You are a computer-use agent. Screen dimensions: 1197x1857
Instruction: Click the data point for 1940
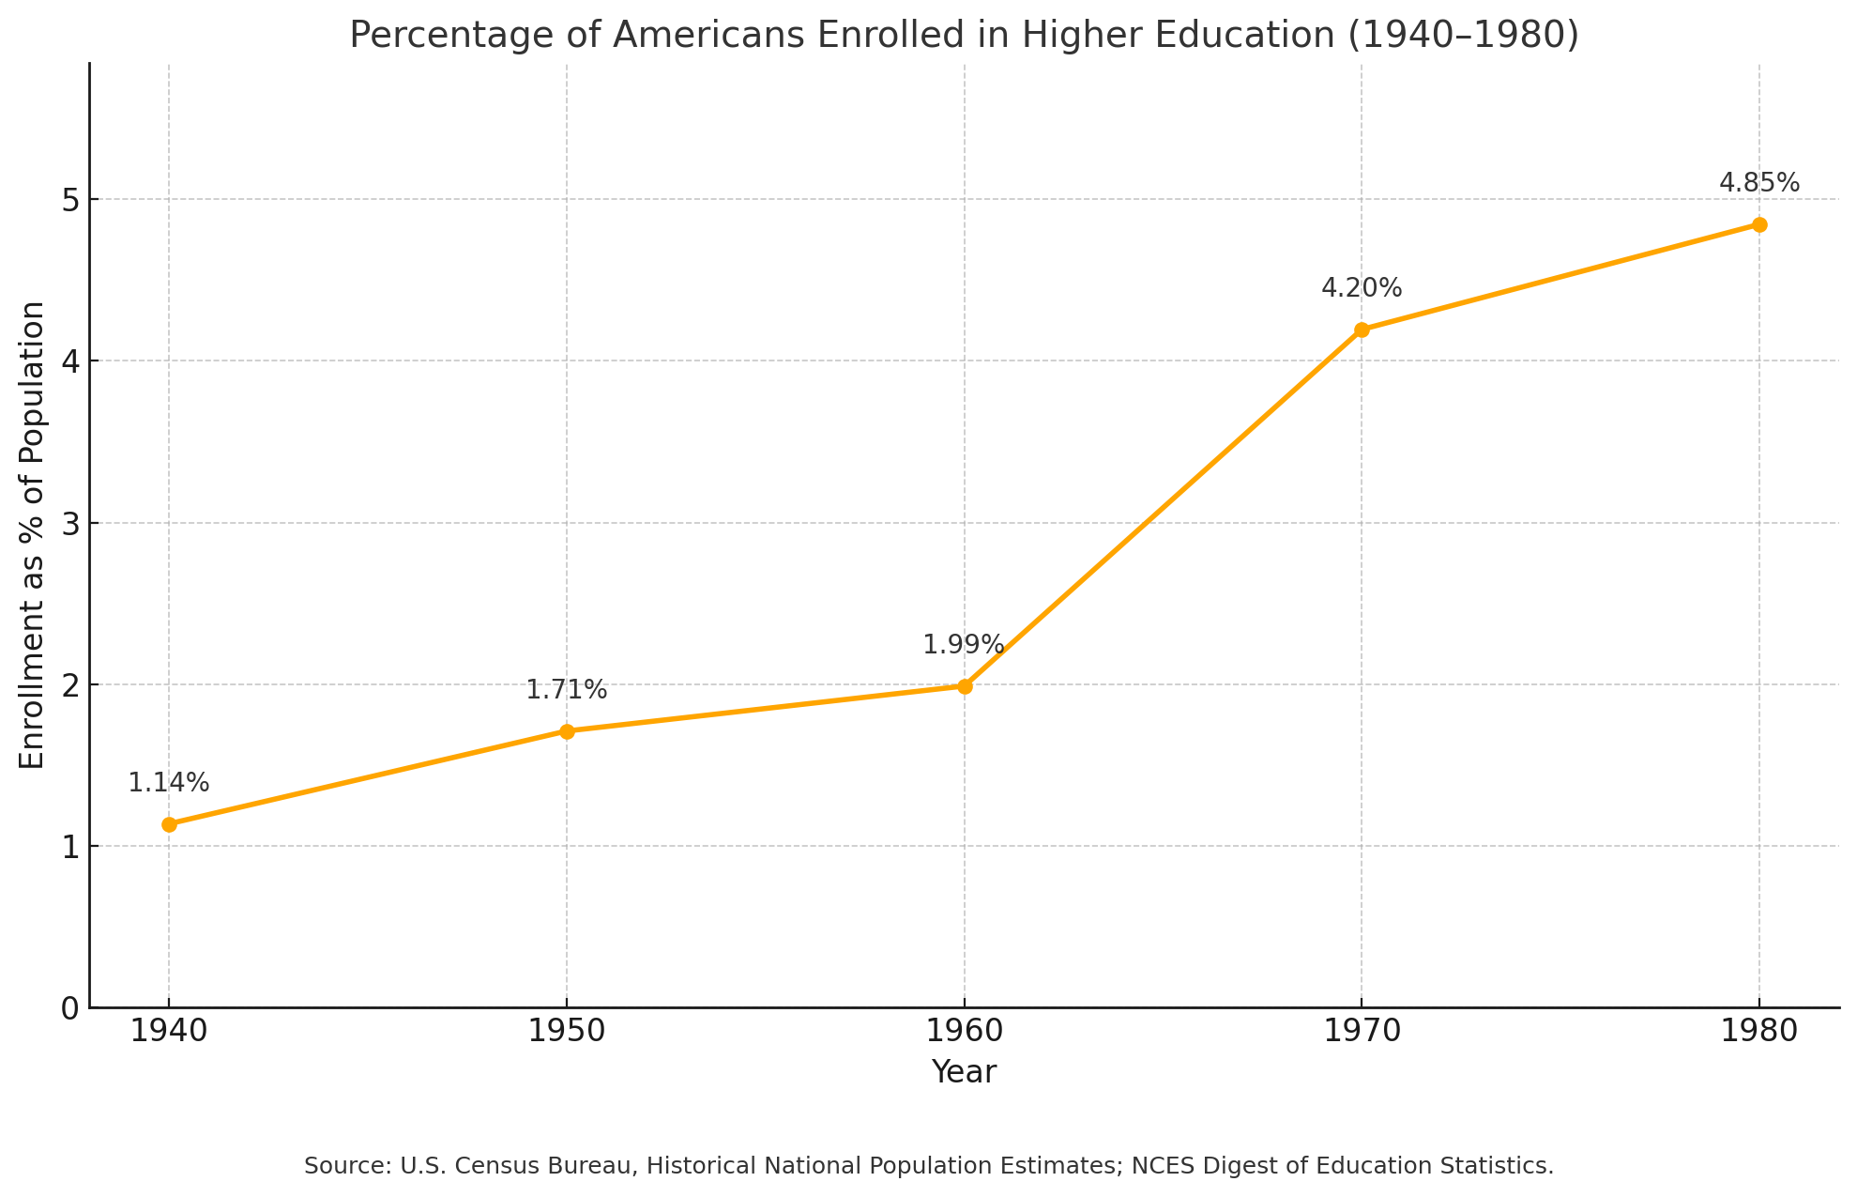[169, 824]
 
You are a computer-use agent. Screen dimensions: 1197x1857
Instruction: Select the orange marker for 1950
[567, 731]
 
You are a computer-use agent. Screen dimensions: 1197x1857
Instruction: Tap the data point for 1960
[965, 686]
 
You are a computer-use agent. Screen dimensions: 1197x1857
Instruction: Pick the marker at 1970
[1362, 330]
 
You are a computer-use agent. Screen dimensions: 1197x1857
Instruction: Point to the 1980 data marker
[1759, 224]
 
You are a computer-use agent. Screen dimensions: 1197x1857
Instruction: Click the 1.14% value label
[169, 783]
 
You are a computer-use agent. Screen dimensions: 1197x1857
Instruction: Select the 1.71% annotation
[567, 690]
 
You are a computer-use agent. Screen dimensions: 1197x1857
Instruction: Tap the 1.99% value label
[964, 645]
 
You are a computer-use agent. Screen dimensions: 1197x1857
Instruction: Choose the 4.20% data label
[1362, 288]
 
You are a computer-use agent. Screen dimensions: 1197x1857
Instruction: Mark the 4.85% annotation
[1759, 183]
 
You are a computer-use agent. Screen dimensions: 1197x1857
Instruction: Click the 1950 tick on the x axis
[567, 1032]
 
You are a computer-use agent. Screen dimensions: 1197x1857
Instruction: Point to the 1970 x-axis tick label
[1362, 1032]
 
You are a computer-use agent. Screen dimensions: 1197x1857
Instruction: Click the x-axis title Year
[964, 1072]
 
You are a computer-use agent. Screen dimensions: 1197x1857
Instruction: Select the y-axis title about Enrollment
[33, 535]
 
